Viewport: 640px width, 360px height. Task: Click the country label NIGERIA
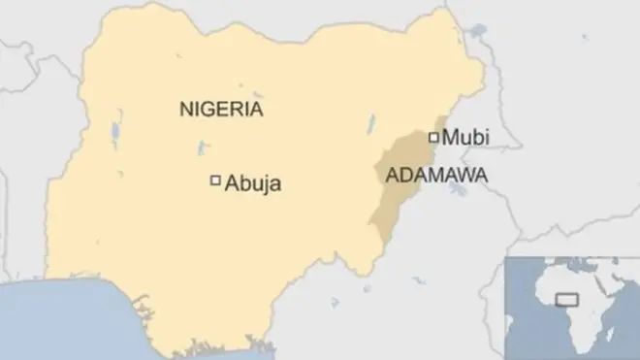[x=221, y=109]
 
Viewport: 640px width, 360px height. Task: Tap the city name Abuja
[x=253, y=182]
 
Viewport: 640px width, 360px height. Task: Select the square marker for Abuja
[x=215, y=180]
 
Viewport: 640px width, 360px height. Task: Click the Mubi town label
[x=465, y=138]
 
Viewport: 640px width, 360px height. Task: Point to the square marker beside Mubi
[x=433, y=136]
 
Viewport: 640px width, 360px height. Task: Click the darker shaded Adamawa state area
[x=393, y=209]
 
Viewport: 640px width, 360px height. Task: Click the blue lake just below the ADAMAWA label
[x=456, y=191]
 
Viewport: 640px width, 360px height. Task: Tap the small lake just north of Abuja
[x=201, y=148]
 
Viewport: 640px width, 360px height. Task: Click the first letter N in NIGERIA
[x=185, y=109]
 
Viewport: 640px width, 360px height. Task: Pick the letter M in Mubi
[x=450, y=138]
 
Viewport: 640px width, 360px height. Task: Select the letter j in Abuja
[x=264, y=183]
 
